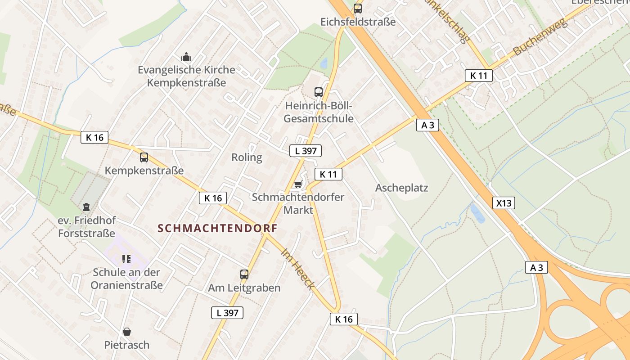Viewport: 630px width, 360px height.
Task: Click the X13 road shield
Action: click(504, 203)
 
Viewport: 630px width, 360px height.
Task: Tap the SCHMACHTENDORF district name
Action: click(218, 228)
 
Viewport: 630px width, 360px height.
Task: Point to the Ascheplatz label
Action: click(402, 188)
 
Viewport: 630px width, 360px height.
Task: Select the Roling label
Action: click(247, 157)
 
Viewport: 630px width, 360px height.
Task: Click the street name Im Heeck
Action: click(297, 269)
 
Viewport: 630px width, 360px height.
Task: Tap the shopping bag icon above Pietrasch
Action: click(127, 332)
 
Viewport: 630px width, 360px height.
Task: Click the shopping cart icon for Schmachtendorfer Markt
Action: click(297, 184)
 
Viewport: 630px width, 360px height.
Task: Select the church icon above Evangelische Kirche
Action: click(186, 57)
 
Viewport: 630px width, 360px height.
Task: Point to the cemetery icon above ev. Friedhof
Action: click(86, 207)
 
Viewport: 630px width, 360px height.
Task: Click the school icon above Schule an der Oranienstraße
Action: click(126, 259)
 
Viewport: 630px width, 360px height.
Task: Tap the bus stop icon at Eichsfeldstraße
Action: click(358, 8)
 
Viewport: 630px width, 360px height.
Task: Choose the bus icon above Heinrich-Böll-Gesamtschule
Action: click(319, 92)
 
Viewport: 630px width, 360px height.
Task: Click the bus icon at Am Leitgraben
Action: click(244, 274)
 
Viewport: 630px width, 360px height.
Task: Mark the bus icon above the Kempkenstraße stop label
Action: click(144, 157)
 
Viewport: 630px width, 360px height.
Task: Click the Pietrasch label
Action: click(127, 345)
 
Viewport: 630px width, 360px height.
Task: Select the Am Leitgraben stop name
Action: click(244, 288)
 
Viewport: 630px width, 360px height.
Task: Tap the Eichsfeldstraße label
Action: click(358, 22)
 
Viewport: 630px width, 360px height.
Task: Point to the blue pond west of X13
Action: click(477, 213)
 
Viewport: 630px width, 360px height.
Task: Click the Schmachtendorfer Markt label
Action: click(298, 203)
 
